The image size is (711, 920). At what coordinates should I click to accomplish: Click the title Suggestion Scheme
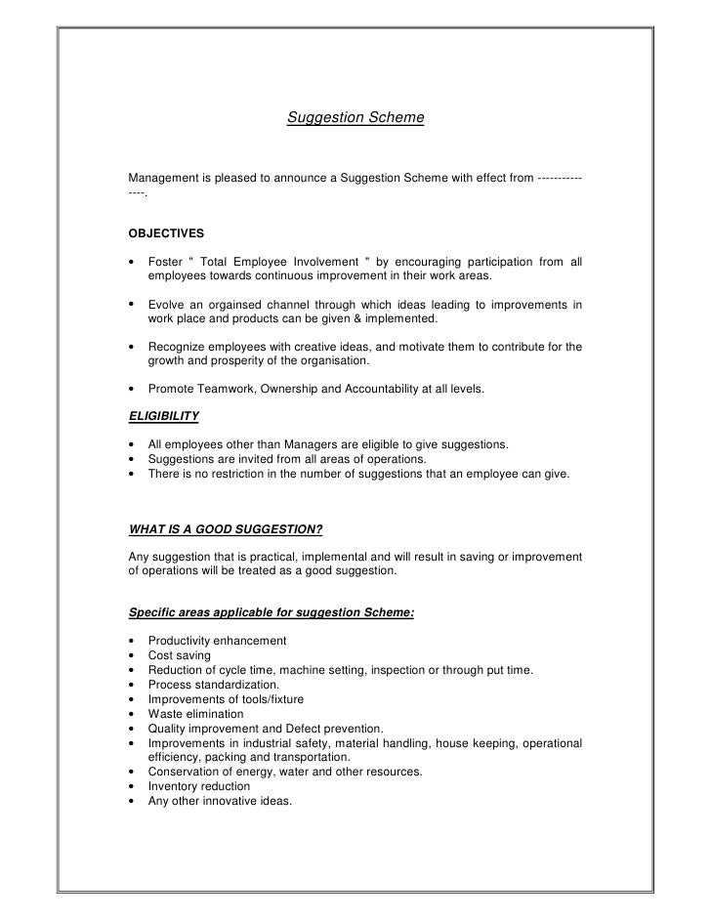(355, 118)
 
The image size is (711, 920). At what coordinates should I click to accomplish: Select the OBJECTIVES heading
(167, 233)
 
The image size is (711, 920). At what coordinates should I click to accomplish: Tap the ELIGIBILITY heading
(164, 415)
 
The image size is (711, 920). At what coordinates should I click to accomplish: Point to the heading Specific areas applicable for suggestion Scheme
(272, 612)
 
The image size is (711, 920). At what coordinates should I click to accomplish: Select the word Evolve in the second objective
(167, 305)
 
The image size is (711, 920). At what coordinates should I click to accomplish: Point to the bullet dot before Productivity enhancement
(132, 641)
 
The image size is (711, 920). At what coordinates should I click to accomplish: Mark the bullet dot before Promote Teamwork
(132, 389)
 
